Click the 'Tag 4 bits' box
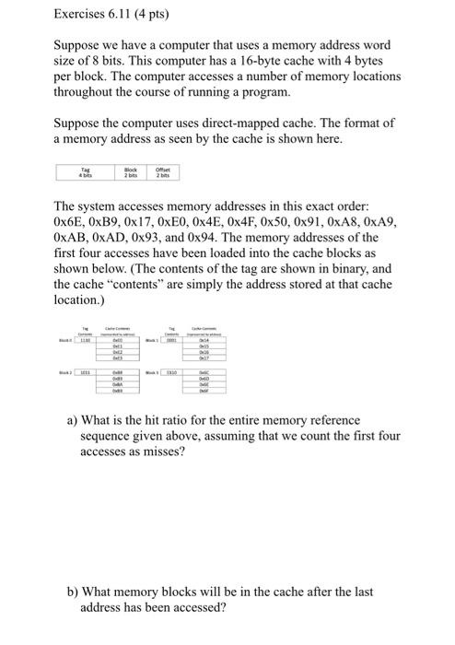pos(86,172)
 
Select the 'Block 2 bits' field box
pos(131,172)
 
